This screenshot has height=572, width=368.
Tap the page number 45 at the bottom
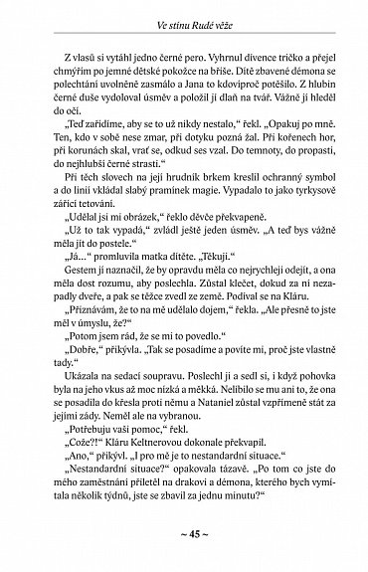185,546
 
